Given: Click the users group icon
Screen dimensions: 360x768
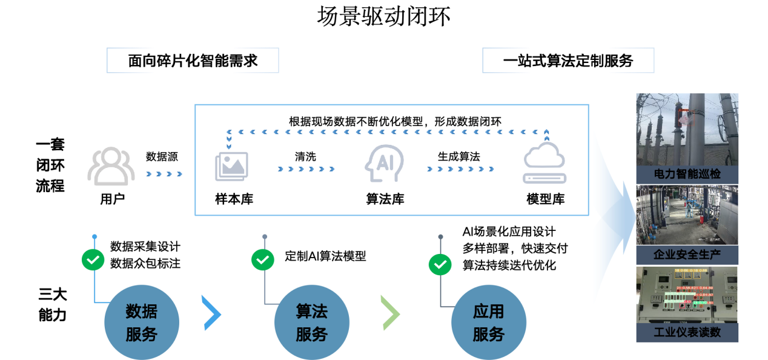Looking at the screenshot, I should tap(110, 166).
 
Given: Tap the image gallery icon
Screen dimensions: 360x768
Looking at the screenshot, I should tap(231, 166).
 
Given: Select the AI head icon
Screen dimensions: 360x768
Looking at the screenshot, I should tap(384, 164).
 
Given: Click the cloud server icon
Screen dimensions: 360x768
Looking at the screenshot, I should tap(545, 162).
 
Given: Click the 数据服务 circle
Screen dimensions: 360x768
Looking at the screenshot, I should tap(142, 322).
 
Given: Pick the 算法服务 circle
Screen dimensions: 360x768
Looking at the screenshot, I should tap(312, 322).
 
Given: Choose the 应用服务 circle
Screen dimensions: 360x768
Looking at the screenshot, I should tap(488, 322).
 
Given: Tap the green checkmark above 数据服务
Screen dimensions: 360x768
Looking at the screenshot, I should tap(93, 260).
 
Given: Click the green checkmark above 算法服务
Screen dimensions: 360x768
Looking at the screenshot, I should tap(263, 260).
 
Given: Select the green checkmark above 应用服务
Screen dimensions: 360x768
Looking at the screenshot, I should tap(440, 265).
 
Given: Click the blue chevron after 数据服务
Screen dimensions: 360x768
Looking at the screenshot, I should tap(211, 313).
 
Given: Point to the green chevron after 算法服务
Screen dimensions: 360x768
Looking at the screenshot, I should tap(391, 313).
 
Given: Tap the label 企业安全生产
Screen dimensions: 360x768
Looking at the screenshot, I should tap(687, 255).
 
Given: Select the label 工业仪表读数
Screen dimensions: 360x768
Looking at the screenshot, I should tap(687, 333).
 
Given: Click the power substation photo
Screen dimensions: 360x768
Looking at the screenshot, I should tap(687, 129).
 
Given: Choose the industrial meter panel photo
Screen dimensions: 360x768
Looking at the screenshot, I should tap(687, 294).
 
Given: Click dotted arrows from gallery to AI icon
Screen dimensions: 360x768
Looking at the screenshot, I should tap(306, 169).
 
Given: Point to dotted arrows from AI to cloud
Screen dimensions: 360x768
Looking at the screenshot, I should tap(460, 169).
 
